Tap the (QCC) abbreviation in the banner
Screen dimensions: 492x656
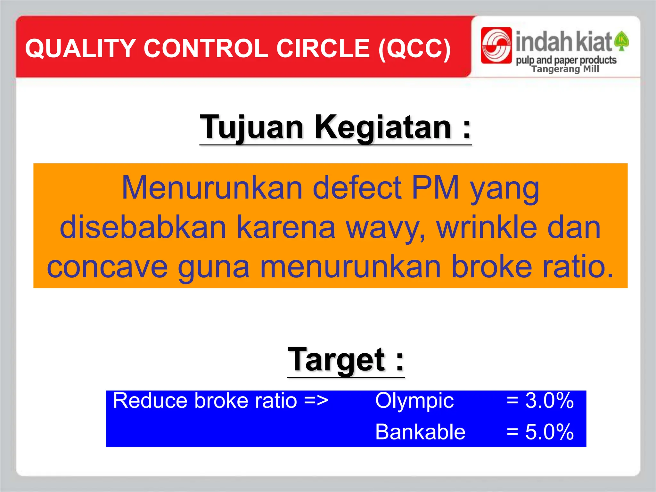coord(414,49)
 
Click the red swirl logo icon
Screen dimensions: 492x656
coord(496,45)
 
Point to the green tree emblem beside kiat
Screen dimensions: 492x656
coord(622,41)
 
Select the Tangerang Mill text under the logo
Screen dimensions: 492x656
coord(565,69)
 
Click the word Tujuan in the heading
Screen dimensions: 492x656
coord(251,127)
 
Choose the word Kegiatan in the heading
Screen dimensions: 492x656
coord(383,127)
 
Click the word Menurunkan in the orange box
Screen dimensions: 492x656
coord(212,188)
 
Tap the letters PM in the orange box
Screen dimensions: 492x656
coord(435,188)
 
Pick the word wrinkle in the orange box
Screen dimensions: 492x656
coord(486,227)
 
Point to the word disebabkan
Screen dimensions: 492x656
coord(143,227)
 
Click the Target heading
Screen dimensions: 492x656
coord(346,360)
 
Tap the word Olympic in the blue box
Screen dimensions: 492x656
coord(414,401)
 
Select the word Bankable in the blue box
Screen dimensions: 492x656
coord(420,432)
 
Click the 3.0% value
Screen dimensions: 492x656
coord(549,400)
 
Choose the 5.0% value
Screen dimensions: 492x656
coord(549,432)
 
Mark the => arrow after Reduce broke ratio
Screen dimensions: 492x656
coord(316,401)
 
